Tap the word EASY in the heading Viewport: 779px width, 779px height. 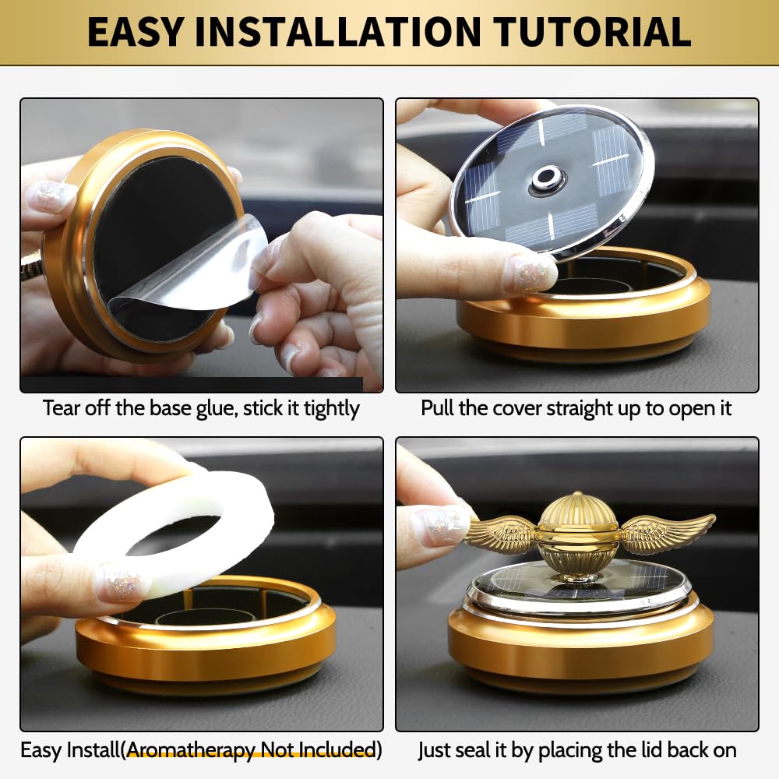pyautogui.click(x=135, y=32)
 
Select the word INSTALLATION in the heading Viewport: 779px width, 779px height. pyautogui.click(x=338, y=32)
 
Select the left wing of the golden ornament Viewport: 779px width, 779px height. pyautogui.click(x=502, y=534)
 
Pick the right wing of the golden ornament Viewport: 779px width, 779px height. pyautogui.click(x=666, y=531)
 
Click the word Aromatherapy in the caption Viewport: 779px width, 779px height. pyautogui.click(x=192, y=750)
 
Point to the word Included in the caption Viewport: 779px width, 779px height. pyautogui.click(x=337, y=750)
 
